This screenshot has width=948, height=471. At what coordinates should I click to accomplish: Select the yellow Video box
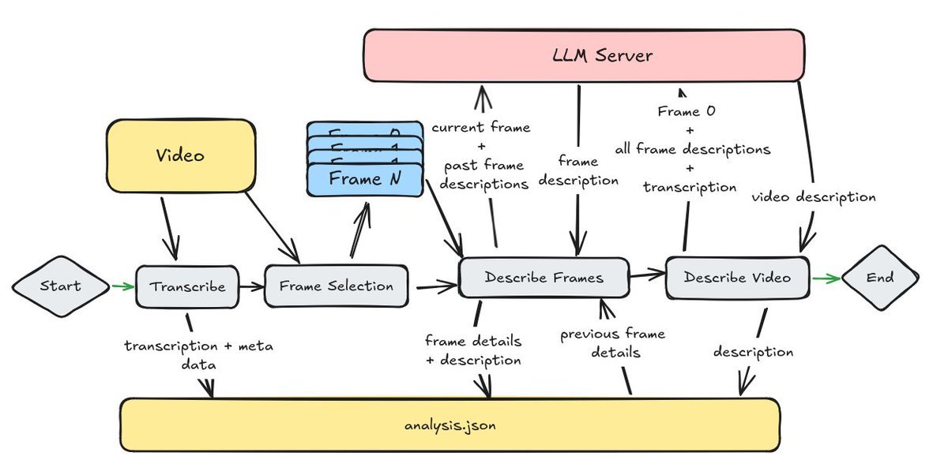click(x=180, y=155)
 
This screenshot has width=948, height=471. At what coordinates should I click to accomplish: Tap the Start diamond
click(x=61, y=286)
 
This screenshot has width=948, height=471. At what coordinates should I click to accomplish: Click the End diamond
click(x=880, y=278)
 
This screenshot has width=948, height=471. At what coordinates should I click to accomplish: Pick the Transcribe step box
click(x=186, y=286)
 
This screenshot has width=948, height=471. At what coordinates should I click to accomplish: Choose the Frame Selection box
click(x=337, y=286)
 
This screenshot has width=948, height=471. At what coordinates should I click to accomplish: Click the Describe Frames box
click(x=544, y=278)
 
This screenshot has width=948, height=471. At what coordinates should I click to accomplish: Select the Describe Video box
click(x=737, y=278)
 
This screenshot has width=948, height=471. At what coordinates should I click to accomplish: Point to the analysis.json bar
click(x=450, y=425)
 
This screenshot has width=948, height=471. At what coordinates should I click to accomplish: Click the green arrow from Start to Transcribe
click(x=122, y=286)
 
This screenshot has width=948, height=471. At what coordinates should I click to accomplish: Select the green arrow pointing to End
click(x=826, y=278)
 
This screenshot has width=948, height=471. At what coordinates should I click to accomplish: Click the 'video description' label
click(x=813, y=197)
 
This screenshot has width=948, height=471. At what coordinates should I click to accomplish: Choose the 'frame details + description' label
click(x=472, y=351)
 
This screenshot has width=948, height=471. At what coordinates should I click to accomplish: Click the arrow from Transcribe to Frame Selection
click(x=250, y=286)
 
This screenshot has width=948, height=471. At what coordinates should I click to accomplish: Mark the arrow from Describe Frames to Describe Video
click(x=647, y=275)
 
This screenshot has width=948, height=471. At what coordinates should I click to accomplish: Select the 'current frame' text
click(x=481, y=127)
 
